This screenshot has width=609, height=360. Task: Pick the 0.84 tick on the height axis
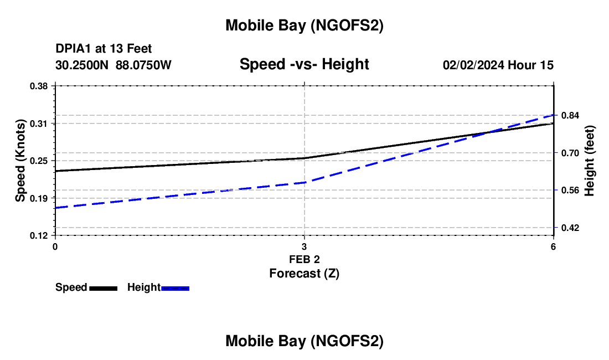(570, 115)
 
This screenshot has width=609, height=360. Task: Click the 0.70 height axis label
(570, 153)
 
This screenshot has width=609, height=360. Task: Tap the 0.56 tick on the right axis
(570, 190)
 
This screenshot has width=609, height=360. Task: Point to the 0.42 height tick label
(570, 228)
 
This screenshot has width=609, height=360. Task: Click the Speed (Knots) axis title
(20, 161)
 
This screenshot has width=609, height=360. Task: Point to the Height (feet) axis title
(590, 161)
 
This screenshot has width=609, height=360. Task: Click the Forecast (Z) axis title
(304, 273)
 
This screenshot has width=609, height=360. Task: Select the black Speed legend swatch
(103, 288)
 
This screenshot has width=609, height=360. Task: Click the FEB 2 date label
(304, 259)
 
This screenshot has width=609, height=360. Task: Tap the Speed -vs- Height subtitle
(304, 64)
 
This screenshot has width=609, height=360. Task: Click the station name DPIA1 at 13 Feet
(104, 49)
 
